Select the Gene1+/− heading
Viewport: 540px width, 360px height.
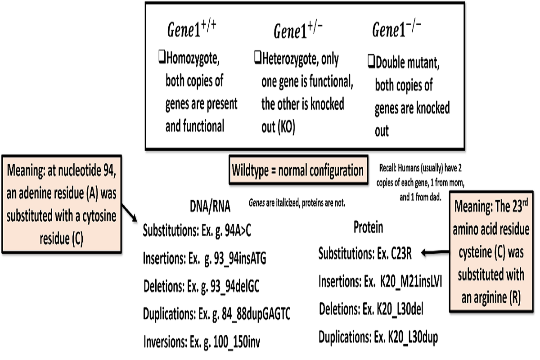tap(297, 31)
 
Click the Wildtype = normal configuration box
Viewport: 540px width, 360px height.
tap(297, 171)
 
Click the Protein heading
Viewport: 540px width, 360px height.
tap(368, 228)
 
